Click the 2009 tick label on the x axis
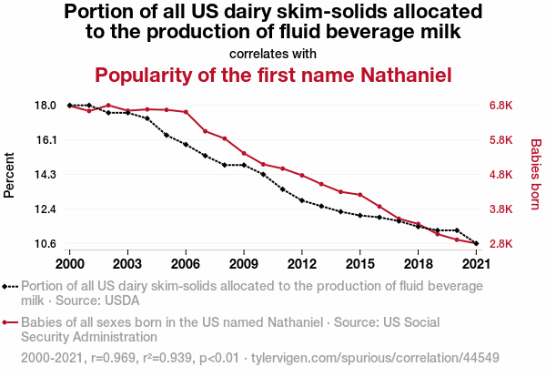point(243,263)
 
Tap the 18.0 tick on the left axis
point(45,106)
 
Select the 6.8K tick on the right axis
point(502,106)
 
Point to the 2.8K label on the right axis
point(502,244)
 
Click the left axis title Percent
point(10,175)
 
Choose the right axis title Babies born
point(535,175)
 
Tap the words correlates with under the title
point(273,53)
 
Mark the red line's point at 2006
point(186,112)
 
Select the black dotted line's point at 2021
point(476,244)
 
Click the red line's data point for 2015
point(360,195)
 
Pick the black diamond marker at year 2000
point(70,106)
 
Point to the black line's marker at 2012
point(302,200)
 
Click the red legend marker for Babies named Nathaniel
point(9,322)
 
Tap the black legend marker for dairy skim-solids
point(9,286)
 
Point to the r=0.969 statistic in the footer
point(112,358)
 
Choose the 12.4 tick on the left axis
point(45,209)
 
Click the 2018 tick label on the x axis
point(418,263)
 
